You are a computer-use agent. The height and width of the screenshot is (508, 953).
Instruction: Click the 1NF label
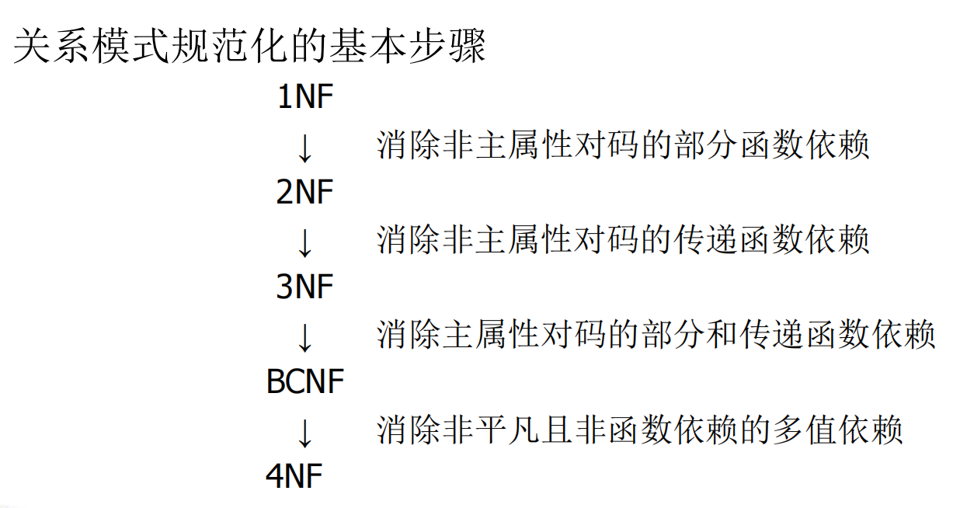coord(304,98)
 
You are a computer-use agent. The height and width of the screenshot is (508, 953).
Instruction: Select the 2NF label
coord(304,193)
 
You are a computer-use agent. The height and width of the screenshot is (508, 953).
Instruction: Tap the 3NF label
coord(304,287)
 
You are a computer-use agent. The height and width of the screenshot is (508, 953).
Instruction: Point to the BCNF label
coord(304,382)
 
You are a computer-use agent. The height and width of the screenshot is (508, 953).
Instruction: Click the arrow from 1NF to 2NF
coord(304,148)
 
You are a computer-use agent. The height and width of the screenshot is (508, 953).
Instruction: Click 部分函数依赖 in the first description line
coord(773,146)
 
